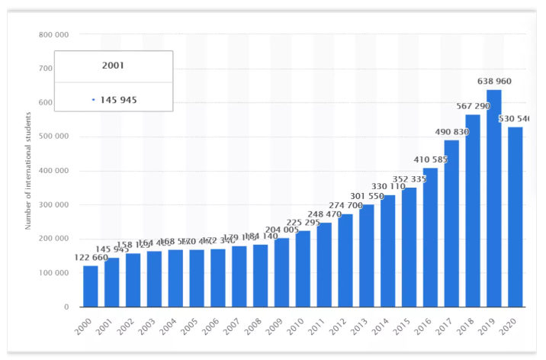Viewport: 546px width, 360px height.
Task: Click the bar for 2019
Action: click(x=493, y=198)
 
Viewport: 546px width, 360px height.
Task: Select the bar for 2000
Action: click(x=91, y=286)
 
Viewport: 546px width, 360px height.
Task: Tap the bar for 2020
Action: click(x=515, y=217)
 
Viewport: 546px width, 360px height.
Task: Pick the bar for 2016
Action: click(x=430, y=237)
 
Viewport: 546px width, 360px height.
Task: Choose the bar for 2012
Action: click(x=345, y=260)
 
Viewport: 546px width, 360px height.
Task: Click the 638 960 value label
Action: click(x=493, y=82)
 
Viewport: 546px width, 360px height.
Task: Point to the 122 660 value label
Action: click(x=91, y=258)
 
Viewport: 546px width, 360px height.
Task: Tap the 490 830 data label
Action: click(x=451, y=132)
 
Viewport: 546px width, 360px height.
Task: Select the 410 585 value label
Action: click(x=430, y=159)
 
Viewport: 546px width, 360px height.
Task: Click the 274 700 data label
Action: click(x=345, y=206)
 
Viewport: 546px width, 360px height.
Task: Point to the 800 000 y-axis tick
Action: click(x=53, y=34)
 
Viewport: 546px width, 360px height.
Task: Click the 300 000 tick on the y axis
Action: click(x=53, y=205)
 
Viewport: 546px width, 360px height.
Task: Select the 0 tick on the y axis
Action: click(x=67, y=307)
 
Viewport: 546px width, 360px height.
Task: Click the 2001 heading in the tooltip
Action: click(x=113, y=66)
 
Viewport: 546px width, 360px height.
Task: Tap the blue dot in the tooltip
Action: click(x=93, y=99)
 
